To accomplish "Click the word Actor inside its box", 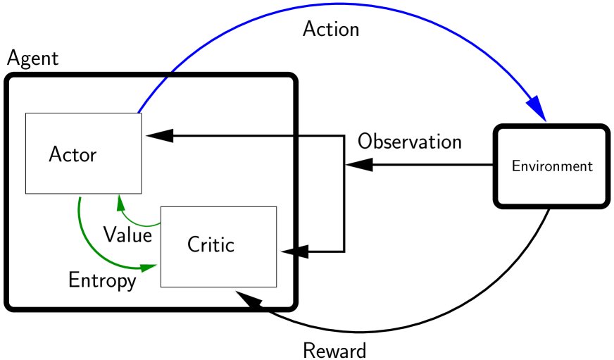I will (73, 154).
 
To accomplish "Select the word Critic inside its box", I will (210, 244).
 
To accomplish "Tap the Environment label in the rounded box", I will (551, 167).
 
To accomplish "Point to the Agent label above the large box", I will (32, 58).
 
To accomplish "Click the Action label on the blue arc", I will (330, 30).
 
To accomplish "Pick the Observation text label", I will (409, 141).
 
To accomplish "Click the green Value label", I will (127, 235).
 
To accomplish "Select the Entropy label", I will (102, 280).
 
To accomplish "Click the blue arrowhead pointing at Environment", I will (537, 111).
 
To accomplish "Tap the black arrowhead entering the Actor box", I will (156, 136).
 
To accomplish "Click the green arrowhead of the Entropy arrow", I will (149, 267).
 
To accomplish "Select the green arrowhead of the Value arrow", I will (120, 202).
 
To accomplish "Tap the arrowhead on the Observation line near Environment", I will (359, 165).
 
